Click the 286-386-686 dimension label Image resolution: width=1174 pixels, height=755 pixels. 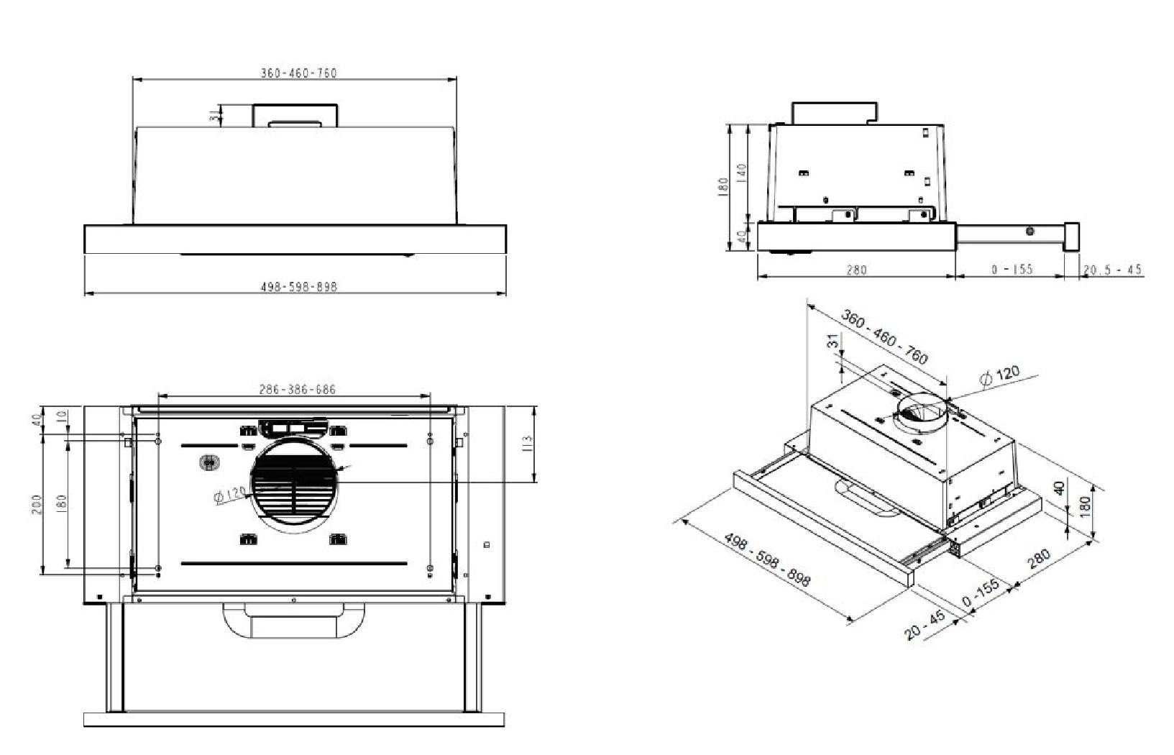pyautogui.click(x=297, y=390)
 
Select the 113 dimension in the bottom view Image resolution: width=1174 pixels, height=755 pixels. pyautogui.click(x=527, y=444)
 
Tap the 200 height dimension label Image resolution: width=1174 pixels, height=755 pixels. pyautogui.click(x=38, y=504)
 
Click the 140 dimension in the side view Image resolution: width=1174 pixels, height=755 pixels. pyautogui.click(x=741, y=173)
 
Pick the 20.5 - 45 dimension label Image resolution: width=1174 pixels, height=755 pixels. pyautogui.click(x=1112, y=270)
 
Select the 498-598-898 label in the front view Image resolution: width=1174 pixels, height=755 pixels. pyautogui.click(x=298, y=286)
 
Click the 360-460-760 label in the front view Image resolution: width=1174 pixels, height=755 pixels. pyautogui.click(x=298, y=73)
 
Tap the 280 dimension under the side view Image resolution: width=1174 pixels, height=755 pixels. pyautogui.click(x=856, y=270)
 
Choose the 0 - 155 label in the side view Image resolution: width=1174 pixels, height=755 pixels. pyautogui.click(x=1012, y=270)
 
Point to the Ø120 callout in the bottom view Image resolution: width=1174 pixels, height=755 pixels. pyautogui.click(x=231, y=495)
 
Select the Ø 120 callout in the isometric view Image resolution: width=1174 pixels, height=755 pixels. pyautogui.click(x=1000, y=375)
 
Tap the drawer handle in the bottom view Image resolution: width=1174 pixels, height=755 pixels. pyautogui.click(x=293, y=620)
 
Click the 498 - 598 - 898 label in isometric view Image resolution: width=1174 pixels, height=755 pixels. pyautogui.click(x=767, y=560)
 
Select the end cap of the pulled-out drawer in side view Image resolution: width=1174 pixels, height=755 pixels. pyautogui.click(x=1071, y=237)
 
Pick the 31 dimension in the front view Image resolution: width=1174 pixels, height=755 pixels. pyautogui.click(x=214, y=116)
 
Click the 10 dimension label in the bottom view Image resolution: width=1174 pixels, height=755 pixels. pyautogui.click(x=62, y=416)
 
